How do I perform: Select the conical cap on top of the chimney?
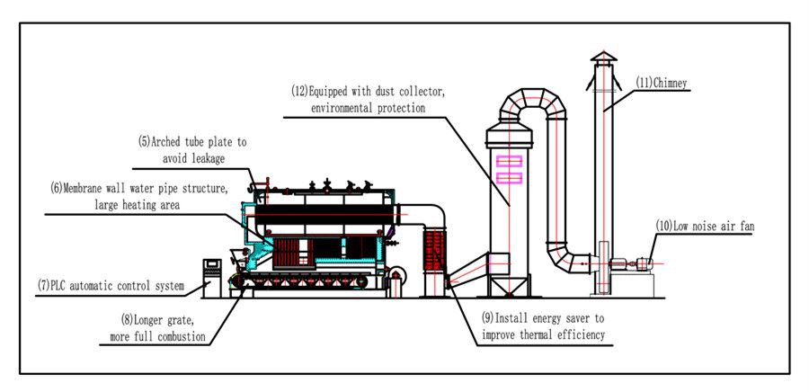click(603, 58)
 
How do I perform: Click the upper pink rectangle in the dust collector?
click(509, 162)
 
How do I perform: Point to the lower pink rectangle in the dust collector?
click(509, 177)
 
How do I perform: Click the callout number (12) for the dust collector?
click(299, 91)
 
